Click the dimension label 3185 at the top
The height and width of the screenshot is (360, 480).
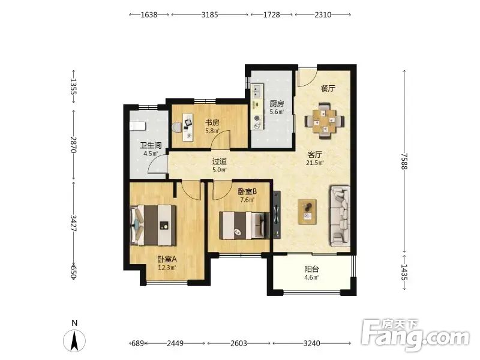click(x=209, y=14)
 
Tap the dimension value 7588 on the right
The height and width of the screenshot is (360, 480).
click(x=404, y=161)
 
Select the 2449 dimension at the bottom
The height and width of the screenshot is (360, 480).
click(x=175, y=343)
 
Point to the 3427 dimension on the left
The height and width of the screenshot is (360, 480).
click(x=73, y=223)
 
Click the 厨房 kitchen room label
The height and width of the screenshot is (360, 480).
click(x=277, y=104)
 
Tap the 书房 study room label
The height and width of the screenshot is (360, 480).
click(x=212, y=123)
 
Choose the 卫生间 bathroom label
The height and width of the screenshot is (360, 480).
click(x=151, y=145)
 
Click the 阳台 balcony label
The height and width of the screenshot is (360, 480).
click(x=311, y=269)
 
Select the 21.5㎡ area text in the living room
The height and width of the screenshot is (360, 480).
click(x=314, y=163)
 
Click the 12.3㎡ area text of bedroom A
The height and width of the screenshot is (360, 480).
click(x=167, y=268)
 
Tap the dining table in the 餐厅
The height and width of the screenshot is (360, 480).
click(x=325, y=121)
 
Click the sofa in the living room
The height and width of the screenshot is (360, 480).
click(x=340, y=216)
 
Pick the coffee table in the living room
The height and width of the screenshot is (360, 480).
click(x=307, y=212)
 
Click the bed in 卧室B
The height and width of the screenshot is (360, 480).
click(x=244, y=226)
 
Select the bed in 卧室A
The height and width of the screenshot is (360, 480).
click(x=153, y=226)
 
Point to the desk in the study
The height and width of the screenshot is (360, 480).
click(x=188, y=127)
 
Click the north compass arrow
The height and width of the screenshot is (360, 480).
click(x=74, y=340)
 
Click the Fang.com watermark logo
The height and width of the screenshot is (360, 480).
click(x=415, y=335)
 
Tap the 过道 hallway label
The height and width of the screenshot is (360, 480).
click(x=220, y=161)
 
